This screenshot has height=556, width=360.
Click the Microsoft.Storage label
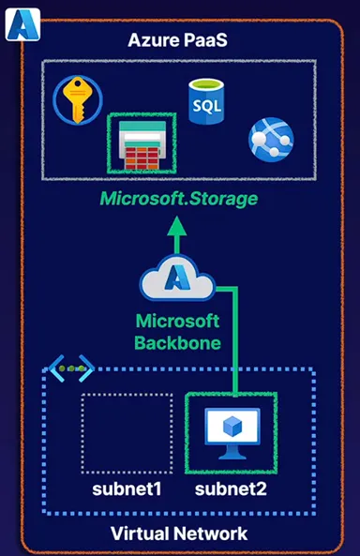pyautogui.click(x=181, y=200)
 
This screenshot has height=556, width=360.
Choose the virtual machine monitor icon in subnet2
pyautogui.click(x=232, y=430)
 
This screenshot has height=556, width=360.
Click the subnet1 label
pyautogui.click(x=127, y=489)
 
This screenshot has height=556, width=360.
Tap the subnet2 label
pyautogui.click(x=231, y=489)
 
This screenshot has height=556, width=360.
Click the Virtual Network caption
pyautogui.click(x=179, y=533)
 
